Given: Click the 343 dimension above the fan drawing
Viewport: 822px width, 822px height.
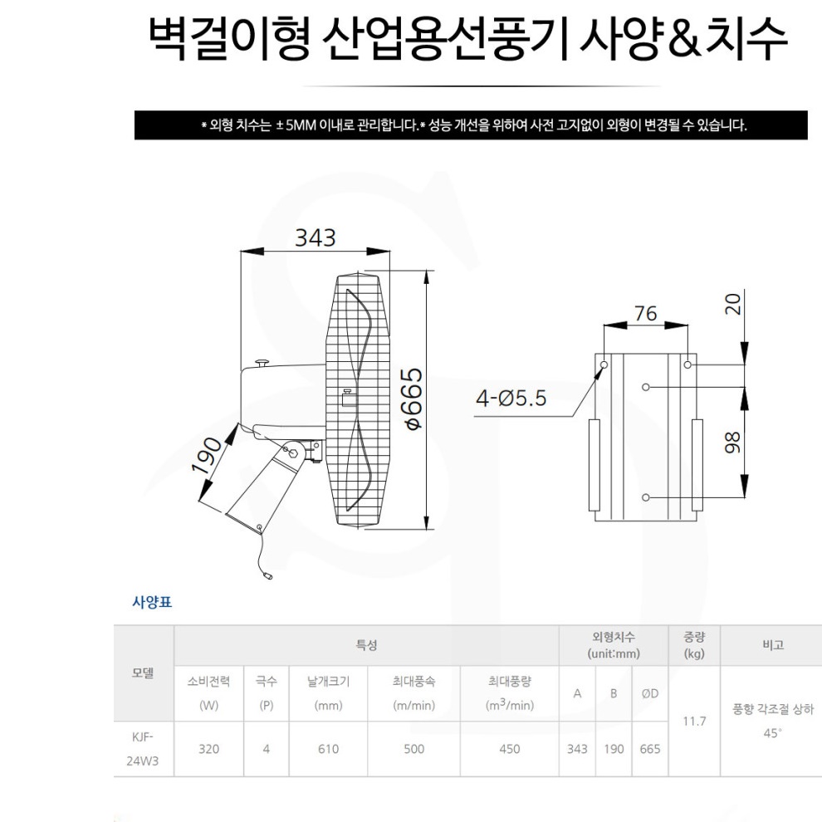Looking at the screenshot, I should [x=316, y=237].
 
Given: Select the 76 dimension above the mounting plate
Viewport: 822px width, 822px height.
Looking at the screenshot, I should [x=645, y=313].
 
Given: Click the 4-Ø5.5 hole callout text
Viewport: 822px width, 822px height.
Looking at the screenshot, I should [x=511, y=399].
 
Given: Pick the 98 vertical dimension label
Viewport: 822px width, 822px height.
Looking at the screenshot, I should [x=732, y=441].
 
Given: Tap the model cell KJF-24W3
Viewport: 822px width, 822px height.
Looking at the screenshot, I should [x=143, y=748].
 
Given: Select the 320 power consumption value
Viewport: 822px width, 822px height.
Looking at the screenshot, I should [x=208, y=749].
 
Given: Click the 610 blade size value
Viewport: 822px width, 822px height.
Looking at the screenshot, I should [x=328, y=749].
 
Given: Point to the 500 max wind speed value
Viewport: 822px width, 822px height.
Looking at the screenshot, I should [x=413, y=749].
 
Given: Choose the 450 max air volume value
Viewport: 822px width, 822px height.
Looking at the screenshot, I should [x=509, y=749].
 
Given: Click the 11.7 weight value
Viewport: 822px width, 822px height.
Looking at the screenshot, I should [x=694, y=721].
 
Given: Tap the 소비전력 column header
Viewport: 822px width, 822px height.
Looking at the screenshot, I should [x=208, y=682].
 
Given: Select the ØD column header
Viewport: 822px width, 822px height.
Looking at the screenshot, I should [x=650, y=693].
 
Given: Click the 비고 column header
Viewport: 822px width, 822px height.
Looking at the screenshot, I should [x=772, y=645].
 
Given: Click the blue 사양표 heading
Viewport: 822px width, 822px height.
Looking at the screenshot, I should [x=152, y=603].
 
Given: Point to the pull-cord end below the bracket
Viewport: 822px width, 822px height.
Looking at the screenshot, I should [x=267, y=575].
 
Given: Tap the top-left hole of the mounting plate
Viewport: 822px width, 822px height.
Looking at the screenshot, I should [x=604, y=365].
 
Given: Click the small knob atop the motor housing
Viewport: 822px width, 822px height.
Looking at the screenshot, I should [x=263, y=361].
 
